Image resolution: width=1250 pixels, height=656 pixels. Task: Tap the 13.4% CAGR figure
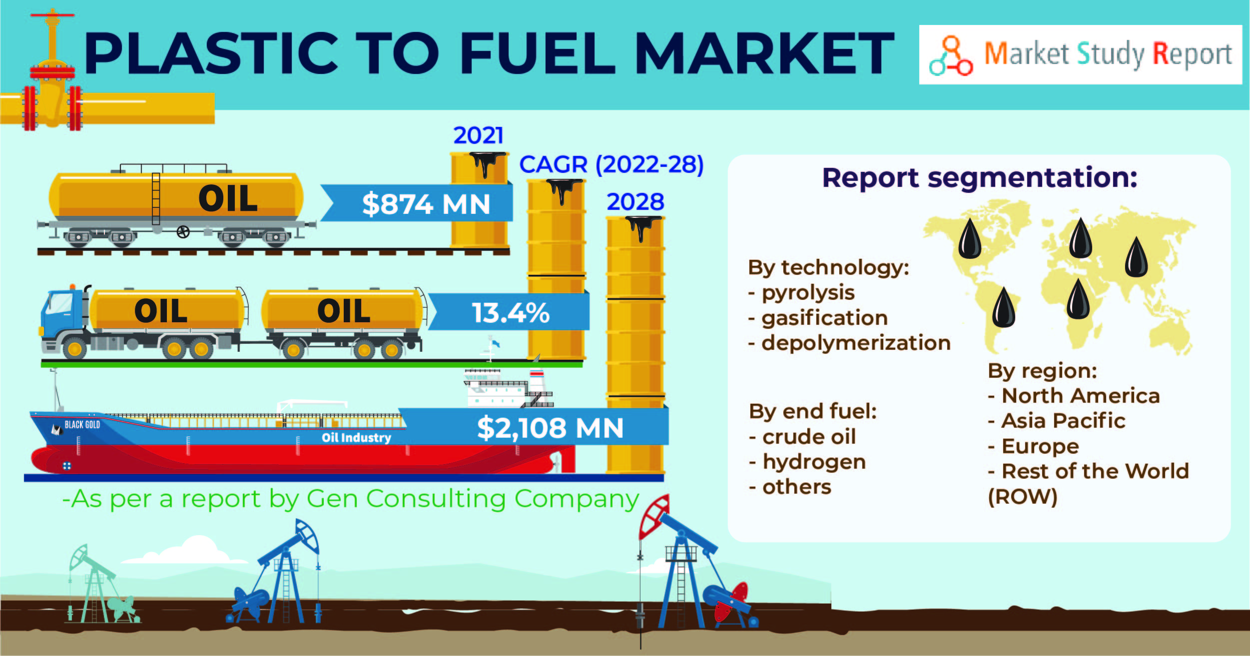(x=511, y=313)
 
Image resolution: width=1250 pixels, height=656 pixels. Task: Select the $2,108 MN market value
(x=550, y=428)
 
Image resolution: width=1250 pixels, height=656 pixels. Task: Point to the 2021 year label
(x=478, y=135)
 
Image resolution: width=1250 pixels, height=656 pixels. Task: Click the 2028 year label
(x=635, y=202)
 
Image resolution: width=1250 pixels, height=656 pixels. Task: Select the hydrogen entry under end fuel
(x=814, y=463)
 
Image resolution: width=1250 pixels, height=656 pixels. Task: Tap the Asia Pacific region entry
(x=1063, y=421)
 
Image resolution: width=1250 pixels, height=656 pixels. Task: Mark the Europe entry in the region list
(x=1040, y=446)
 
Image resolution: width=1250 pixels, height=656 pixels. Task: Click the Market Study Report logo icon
(x=951, y=55)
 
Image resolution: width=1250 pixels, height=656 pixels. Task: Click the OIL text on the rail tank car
(x=228, y=198)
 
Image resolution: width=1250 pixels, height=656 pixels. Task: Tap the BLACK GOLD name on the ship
(x=82, y=425)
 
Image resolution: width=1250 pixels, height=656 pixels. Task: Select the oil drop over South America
(x=1003, y=308)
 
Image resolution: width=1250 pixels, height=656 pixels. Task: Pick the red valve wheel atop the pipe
(x=52, y=15)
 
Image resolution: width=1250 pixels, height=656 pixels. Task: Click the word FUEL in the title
(x=538, y=53)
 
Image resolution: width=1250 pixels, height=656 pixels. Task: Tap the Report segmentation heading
(x=980, y=178)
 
